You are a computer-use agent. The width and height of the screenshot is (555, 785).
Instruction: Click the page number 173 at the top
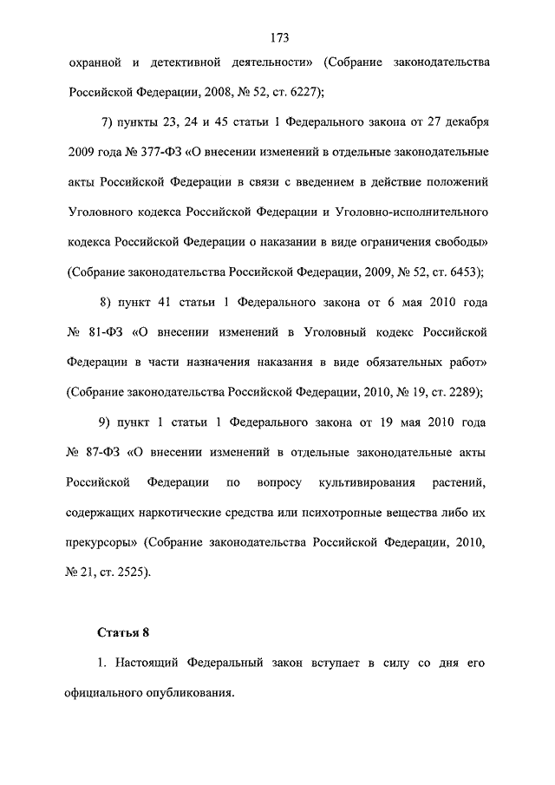[x=278, y=37]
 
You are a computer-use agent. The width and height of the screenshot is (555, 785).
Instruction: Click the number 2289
[x=460, y=391]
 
